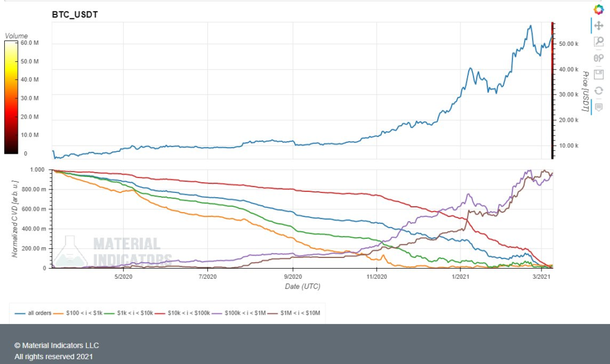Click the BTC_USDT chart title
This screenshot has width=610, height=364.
(x=75, y=14)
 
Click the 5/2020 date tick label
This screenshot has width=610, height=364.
(x=122, y=277)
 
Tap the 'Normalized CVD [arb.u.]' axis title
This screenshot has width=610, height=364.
(x=14, y=219)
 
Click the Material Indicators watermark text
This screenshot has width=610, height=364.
(x=126, y=251)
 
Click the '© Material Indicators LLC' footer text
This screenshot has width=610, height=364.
(x=57, y=346)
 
